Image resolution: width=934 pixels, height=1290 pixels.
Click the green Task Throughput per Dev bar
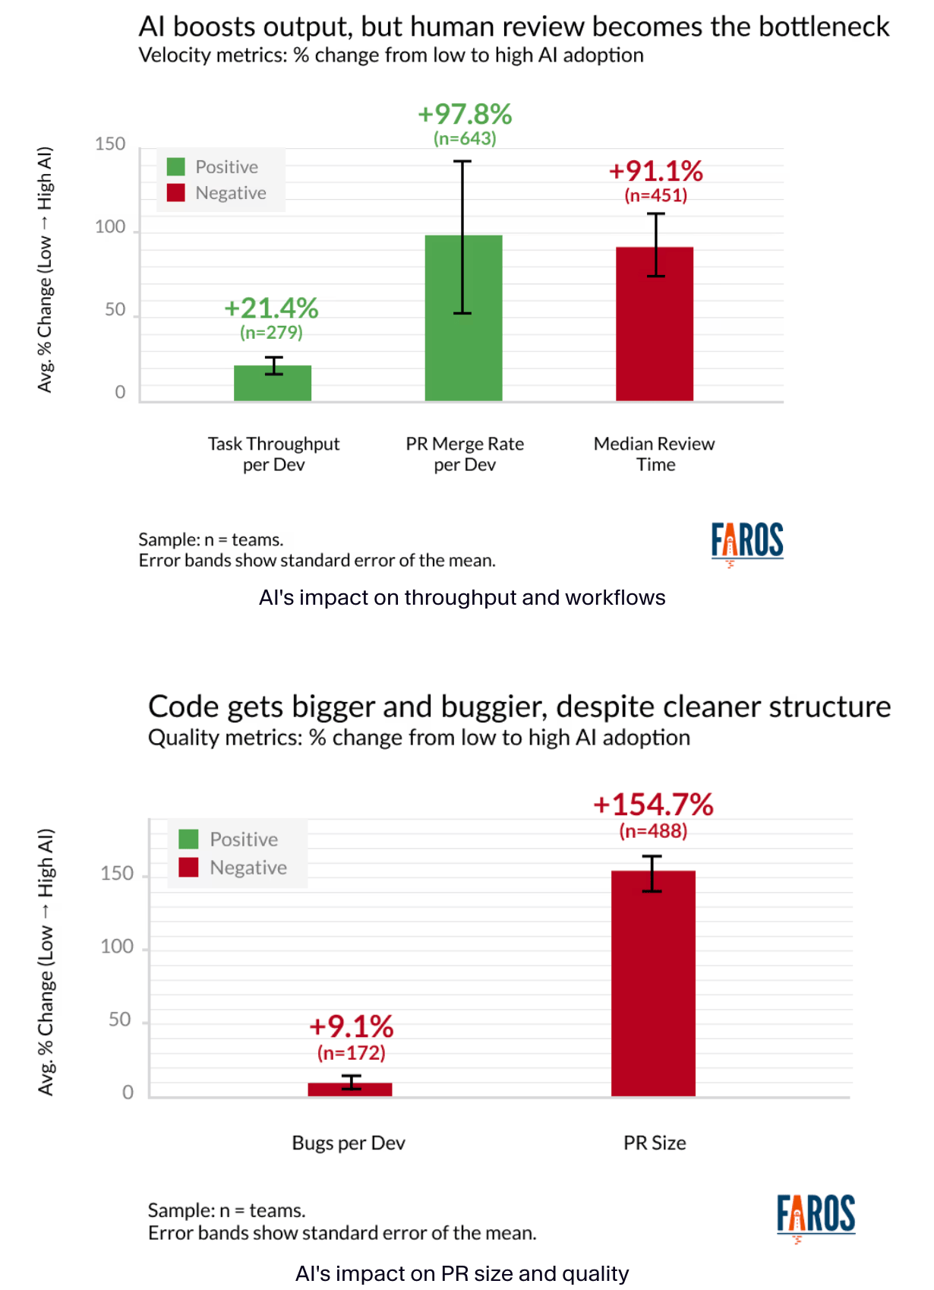(273, 384)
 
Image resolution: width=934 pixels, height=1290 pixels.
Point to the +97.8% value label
(465, 115)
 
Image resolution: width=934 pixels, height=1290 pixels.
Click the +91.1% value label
(656, 172)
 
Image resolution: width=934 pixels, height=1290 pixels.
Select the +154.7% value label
(653, 805)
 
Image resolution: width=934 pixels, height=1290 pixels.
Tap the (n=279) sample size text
(271, 333)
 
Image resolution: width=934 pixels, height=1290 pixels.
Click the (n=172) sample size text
(351, 1053)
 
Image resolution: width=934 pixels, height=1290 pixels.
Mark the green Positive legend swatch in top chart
(176, 167)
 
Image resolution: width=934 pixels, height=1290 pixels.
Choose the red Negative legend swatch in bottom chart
(188, 868)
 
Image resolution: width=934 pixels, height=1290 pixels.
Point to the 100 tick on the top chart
(110, 227)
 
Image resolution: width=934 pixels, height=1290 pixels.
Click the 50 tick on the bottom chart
(120, 1020)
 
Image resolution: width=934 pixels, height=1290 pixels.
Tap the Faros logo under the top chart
(746, 542)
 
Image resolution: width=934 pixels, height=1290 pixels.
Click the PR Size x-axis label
(655, 1143)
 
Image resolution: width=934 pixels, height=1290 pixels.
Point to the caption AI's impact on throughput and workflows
(462, 598)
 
